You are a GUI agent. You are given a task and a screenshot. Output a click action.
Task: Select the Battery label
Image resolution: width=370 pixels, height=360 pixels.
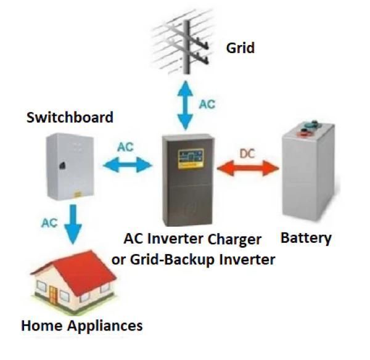[x=306, y=237]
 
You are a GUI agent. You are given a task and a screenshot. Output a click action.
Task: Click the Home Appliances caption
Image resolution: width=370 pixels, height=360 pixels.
[x=81, y=325]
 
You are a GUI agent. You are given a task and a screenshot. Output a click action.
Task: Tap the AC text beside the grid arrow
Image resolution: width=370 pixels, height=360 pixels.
[x=207, y=104]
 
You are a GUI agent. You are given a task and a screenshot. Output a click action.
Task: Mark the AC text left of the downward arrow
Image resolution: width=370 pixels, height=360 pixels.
[x=49, y=223]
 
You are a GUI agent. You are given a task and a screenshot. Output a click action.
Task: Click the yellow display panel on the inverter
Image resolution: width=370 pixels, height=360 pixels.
[x=192, y=157]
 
